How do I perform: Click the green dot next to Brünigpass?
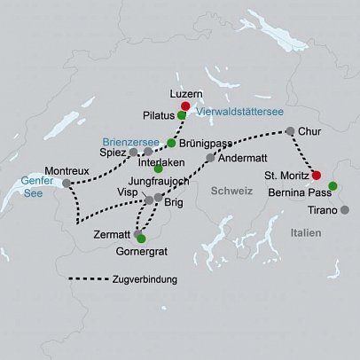coord(171,142)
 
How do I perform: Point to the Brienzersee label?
coord(132,140)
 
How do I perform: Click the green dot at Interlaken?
coord(158,168)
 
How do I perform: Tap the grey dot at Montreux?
coord(66,184)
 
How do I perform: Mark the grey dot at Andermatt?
coord(210,158)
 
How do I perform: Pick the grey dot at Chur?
coord(289,131)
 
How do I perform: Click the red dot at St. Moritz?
coord(317,175)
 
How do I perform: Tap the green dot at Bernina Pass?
coord(333,185)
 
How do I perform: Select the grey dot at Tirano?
coord(345,210)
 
